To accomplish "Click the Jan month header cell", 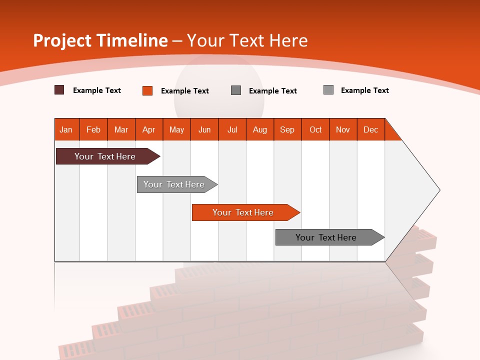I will point(66,129).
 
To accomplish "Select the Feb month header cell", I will point(93,129).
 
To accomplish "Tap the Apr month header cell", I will point(149,129).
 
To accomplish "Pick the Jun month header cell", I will point(204,129).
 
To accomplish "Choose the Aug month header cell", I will point(260,129).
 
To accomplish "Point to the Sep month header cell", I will point(287,129).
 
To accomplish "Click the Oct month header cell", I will point(315,129).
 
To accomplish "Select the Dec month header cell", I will point(371,129).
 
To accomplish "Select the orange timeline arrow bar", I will point(244,212).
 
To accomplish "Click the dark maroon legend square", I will point(59,90).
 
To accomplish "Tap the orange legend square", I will point(147,90).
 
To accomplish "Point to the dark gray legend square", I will point(236,90).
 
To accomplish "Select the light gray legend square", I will point(328,90).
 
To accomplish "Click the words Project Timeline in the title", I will point(100,40).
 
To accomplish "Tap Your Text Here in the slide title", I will point(247,40).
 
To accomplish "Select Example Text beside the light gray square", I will point(364,90).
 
